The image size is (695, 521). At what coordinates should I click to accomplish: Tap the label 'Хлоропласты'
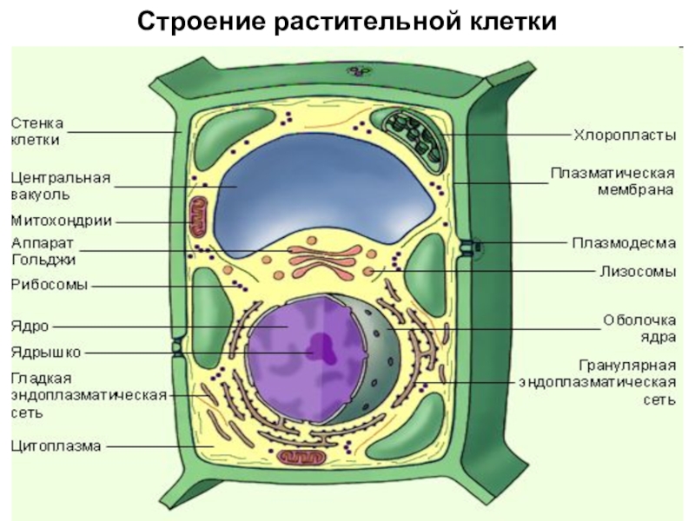click(625, 135)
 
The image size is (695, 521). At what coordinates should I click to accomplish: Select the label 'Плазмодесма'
click(624, 243)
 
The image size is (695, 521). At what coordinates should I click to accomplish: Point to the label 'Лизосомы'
click(639, 271)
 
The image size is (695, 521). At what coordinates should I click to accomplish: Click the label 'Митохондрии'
click(61, 221)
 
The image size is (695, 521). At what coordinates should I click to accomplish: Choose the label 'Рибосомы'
click(50, 285)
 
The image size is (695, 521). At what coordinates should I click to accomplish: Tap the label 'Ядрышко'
click(46, 353)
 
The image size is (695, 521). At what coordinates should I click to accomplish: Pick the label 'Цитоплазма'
click(56, 445)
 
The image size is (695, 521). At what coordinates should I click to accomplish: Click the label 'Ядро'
click(30, 326)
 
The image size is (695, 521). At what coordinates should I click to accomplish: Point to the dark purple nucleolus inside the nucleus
click(322, 348)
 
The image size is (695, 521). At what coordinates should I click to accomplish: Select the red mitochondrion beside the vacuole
click(198, 217)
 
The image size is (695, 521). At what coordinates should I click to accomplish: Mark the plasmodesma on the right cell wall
click(469, 248)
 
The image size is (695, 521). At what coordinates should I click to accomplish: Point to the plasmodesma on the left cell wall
click(177, 346)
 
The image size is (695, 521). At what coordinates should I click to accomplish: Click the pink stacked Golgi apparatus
click(326, 261)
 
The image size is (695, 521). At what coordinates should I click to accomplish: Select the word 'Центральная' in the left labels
click(61, 178)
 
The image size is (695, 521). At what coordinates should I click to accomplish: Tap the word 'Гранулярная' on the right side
click(627, 366)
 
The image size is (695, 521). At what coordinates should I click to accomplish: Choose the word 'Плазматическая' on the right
click(613, 173)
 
